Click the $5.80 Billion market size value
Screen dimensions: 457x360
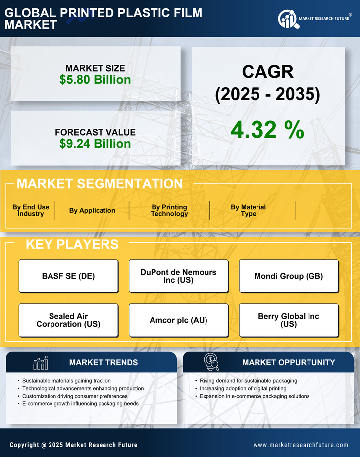pyautogui.click(x=95, y=80)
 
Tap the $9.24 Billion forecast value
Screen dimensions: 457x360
pyautogui.click(x=95, y=144)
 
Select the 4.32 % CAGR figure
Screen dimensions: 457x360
pyautogui.click(x=267, y=130)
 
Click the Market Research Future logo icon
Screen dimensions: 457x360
pyautogui.click(x=287, y=19)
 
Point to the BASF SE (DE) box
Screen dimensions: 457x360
pyautogui.click(x=68, y=276)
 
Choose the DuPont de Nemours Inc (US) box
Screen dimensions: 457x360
pyautogui.click(x=178, y=276)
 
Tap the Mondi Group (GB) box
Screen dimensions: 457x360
pyautogui.click(x=289, y=276)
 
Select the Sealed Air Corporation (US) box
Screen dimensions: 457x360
pyautogui.click(x=68, y=320)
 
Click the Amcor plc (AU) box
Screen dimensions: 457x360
pyautogui.click(x=178, y=320)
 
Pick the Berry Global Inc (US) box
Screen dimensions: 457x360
pyautogui.click(x=289, y=320)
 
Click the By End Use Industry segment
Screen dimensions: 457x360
pyautogui.click(x=31, y=211)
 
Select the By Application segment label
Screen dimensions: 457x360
pyautogui.click(x=92, y=211)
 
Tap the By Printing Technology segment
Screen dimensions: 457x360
pyautogui.click(x=169, y=211)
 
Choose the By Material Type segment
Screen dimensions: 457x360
pyautogui.click(x=248, y=211)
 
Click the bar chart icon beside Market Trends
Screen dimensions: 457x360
pyautogui.click(x=40, y=363)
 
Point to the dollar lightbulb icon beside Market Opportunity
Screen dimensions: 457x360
pyautogui.click(x=211, y=362)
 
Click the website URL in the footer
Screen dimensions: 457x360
pyautogui.click(x=301, y=445)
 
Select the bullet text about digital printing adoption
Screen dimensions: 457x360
pyautogui.click(x=243, y=389)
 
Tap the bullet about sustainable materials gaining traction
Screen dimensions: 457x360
pyautogui.click(x=66, y=381)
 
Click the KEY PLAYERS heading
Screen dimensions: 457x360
pyautogui.click(x=72, y=244)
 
